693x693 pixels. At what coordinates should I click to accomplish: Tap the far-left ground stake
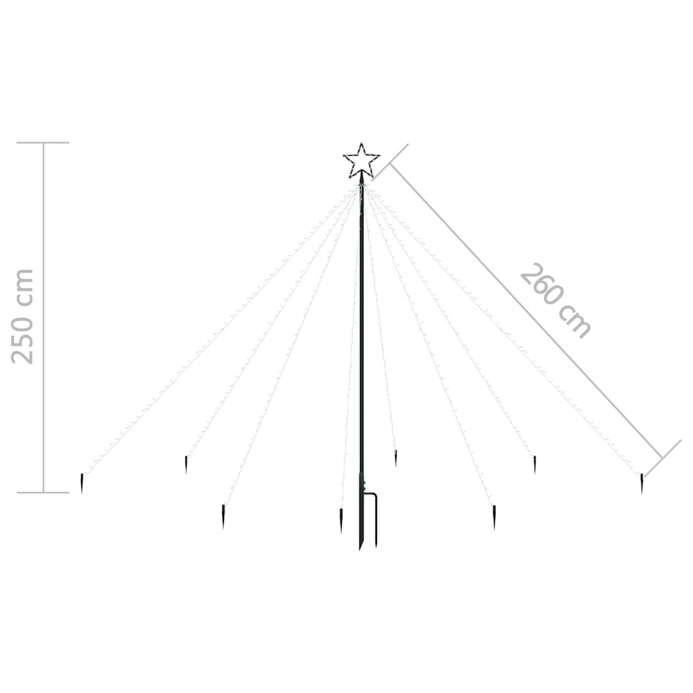pos(82,483)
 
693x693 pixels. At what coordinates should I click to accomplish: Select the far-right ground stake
pos(642,483)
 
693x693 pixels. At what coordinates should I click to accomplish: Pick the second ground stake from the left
pos(186,464)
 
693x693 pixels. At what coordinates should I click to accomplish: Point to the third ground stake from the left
pos(223,516)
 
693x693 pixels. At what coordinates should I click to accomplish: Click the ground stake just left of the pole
pos(341,520)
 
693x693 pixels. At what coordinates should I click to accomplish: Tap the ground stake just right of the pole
pos(395,458)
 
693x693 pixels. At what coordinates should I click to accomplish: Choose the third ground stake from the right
pos(494,517)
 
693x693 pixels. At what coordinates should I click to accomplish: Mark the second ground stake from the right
pos(535,464)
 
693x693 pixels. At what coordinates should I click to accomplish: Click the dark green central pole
pos(361,363)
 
